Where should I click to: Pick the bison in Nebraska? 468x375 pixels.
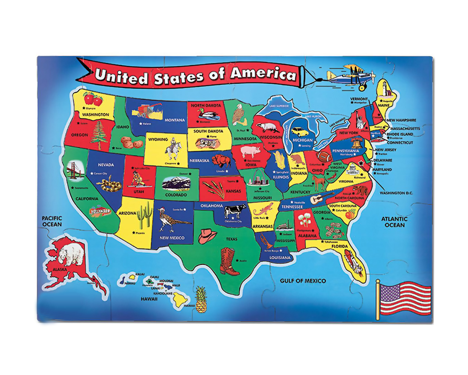pos(221,161)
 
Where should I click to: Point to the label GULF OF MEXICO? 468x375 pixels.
pos(303,281)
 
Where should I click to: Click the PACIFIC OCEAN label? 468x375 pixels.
pos(52,221)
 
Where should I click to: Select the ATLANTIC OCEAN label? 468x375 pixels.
pos(394,222)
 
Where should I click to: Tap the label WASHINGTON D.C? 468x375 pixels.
pos(396,193)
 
